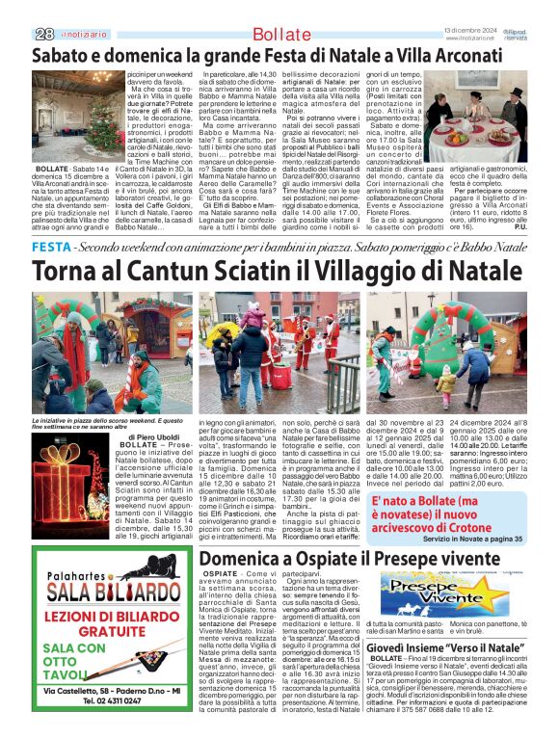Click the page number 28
[43, 34]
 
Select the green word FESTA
[51, 248]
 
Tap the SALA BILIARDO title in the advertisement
[116, 590]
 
